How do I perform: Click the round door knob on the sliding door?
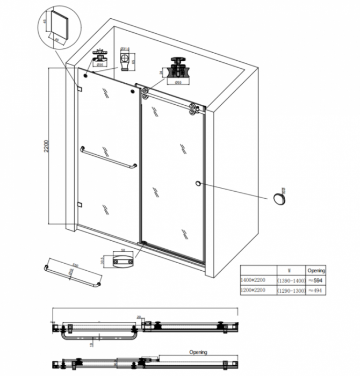click(x=199, y=184)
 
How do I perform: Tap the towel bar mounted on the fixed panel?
click(x=107, y=158)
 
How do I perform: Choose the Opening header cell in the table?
click(x=316, y=271)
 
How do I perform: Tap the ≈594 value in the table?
click(x=316, y=280)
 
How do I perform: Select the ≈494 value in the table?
click(x=316, y=290)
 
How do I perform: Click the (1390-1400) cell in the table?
click(x=291, y=280)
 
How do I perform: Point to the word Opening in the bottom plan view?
click(x=198, y=352)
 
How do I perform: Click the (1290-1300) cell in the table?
click(x=291, y=290)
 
